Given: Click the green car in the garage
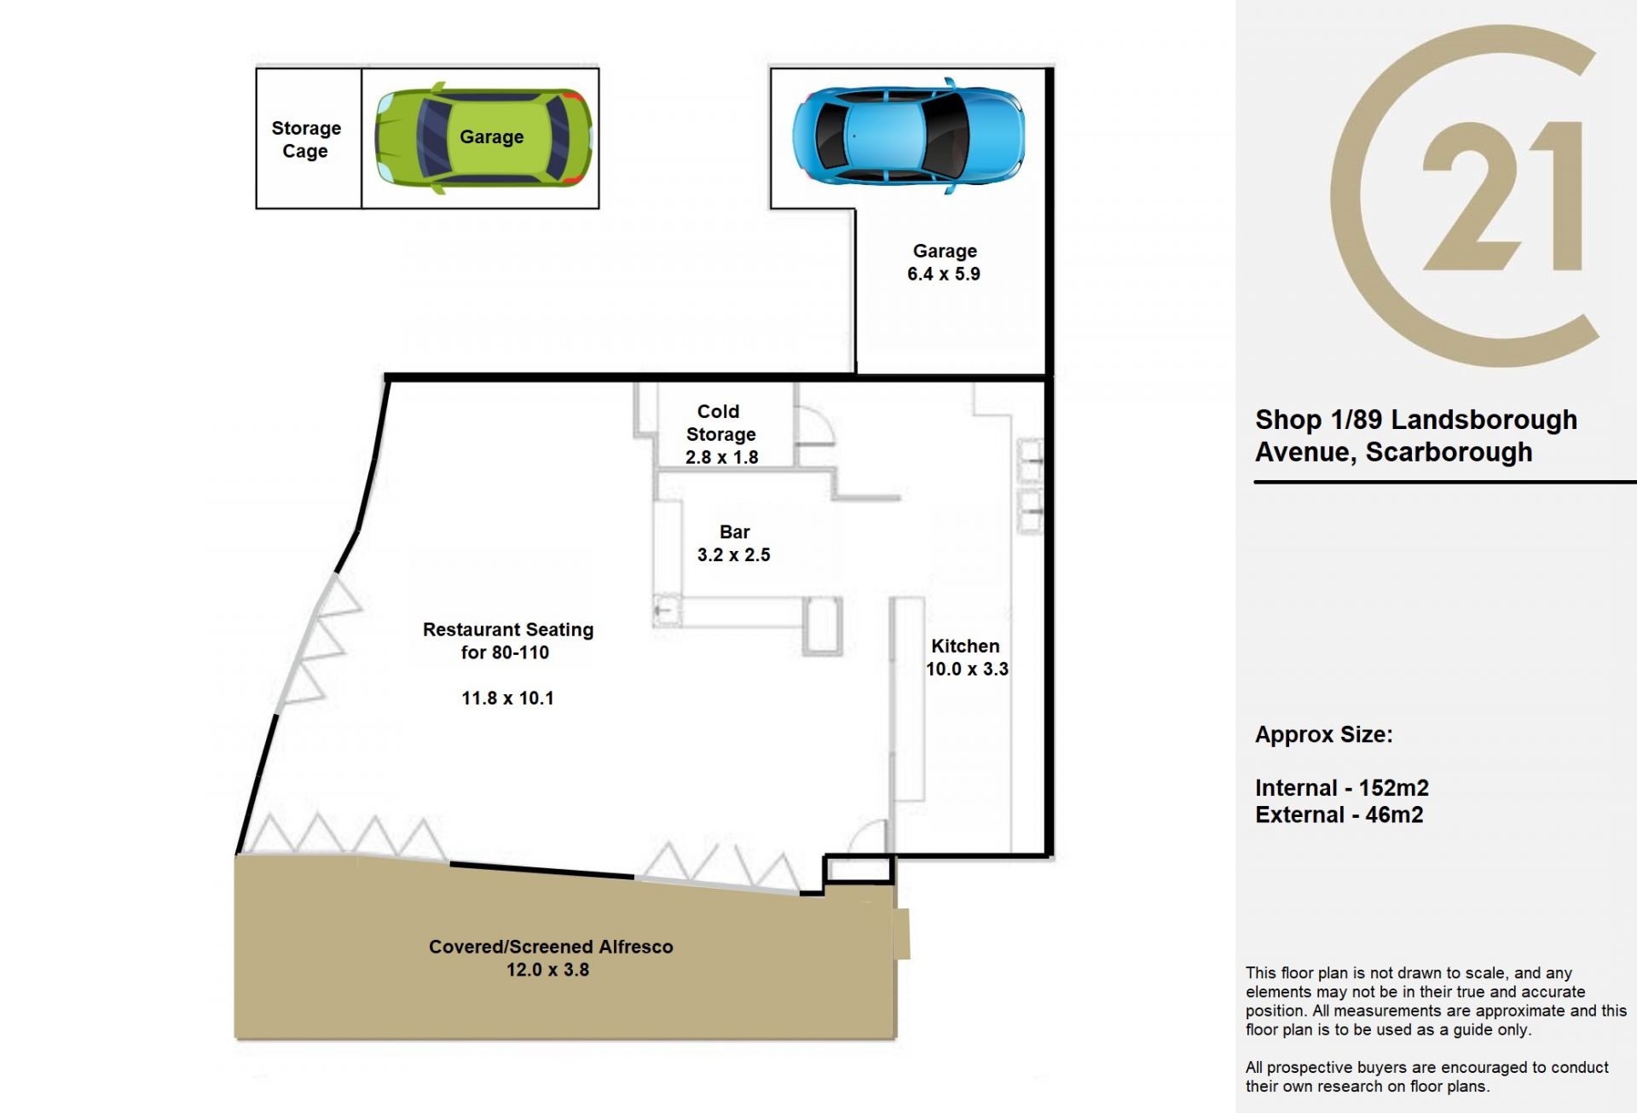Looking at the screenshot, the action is (483, 137).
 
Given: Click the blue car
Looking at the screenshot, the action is (909, 136).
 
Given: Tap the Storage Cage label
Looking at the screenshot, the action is (306, 139).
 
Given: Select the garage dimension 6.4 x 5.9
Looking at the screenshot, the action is (944, 274).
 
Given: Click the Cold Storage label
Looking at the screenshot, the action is (720, 423).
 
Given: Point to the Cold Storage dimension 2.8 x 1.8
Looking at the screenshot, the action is (721, 457).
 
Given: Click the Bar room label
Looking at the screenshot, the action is (734, 532).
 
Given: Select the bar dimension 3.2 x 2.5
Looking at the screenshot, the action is (733, 555).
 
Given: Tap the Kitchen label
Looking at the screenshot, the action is (965, 646).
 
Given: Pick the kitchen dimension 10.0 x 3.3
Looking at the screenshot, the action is (967, 670).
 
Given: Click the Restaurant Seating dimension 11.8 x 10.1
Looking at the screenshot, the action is (507, 699).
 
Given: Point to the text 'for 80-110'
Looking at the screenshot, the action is (505, 652).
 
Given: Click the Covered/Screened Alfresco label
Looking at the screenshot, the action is (551, 947).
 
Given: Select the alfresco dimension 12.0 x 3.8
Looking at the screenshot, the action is (547, 970).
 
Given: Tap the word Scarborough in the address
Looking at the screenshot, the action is (1449, 452).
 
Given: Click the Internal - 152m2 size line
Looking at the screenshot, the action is (1342, 788).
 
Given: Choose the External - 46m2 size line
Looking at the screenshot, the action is (1339, 815).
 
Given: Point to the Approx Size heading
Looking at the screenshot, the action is (1323, 735).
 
